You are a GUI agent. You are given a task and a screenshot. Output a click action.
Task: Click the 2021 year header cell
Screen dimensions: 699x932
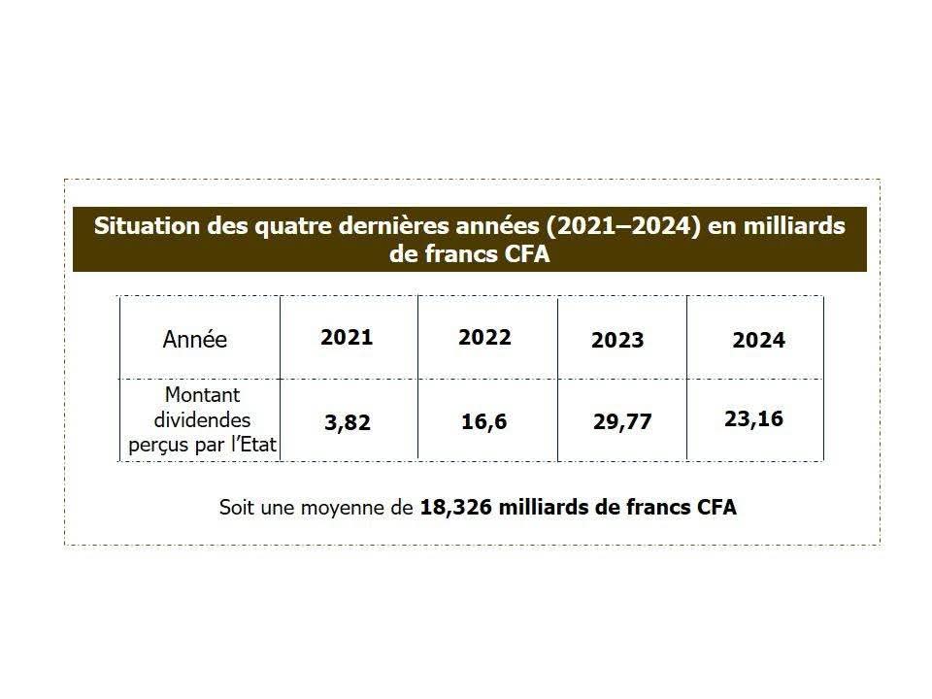pos(347,338)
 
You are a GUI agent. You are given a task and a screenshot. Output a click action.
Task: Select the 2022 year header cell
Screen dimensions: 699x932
pos(484,338)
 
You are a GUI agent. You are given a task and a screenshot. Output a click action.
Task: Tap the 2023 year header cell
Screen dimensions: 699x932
pos(617,341)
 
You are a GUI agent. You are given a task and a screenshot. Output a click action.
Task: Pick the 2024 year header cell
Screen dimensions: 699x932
pos(758,341)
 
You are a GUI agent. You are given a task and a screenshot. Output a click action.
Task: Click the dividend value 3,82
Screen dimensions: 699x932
pos(347,424)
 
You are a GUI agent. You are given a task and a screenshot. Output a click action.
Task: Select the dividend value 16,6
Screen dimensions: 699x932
pos(484,423)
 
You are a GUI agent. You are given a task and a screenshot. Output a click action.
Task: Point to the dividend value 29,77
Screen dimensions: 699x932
pos(622,422)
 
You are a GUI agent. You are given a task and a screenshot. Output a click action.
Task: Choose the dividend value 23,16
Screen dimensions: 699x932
pos(753,419)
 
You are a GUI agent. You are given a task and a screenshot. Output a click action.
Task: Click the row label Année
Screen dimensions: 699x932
pos(195,341)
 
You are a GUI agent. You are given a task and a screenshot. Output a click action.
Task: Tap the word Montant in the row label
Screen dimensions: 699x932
pos(202,396)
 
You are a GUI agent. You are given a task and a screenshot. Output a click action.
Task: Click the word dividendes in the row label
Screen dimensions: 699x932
pos(202,420)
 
